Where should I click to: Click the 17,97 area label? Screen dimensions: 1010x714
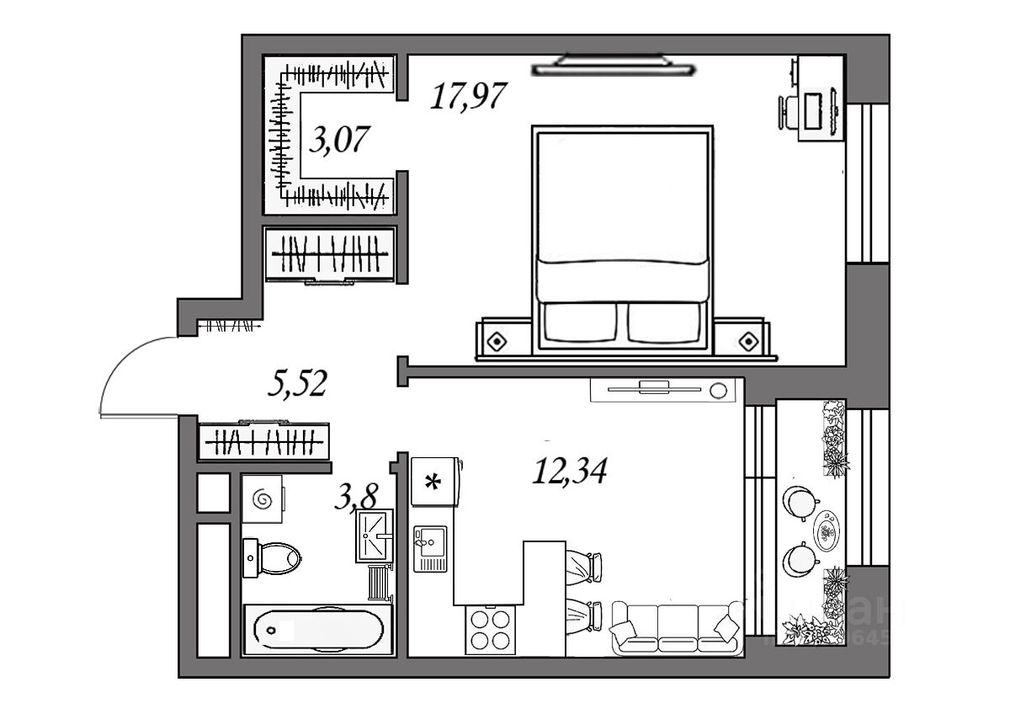(468, 95)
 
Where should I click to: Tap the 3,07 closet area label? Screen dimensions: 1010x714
(339, 139)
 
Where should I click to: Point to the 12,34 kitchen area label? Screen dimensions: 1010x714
(570, 471)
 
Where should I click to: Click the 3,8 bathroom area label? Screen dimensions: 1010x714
(354, 497)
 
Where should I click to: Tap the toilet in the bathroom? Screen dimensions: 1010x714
(274, 557)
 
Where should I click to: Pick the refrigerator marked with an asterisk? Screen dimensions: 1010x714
(434, 482)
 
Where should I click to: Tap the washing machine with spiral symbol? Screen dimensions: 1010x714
(263, 500)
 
